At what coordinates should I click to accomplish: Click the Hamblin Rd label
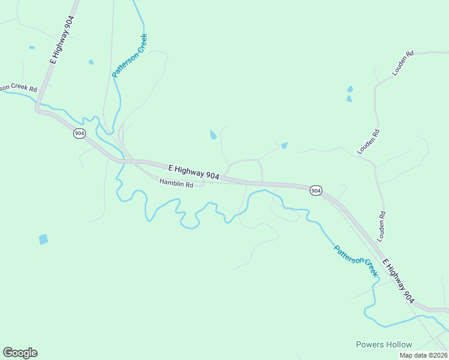point(176,184)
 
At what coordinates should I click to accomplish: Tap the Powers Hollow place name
point(384,344)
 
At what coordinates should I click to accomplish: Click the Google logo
point(20,353)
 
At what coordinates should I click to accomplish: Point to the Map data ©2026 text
point(423,355)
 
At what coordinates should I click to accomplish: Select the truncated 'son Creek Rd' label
point(19,88)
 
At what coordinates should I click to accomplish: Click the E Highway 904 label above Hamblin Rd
point(193,172)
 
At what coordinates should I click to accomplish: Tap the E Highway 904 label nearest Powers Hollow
point(398,280)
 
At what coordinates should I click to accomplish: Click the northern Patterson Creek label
point(129,56)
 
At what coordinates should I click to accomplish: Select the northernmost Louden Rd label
point(403,63)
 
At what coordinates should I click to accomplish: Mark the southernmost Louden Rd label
point(382,223)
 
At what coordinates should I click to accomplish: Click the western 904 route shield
point(79,133)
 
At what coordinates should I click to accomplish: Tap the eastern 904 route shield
point(316,190)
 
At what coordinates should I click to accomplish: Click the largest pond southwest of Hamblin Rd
point(43,239)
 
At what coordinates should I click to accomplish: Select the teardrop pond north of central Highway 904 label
point(213,135)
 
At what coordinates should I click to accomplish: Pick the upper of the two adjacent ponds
point(350,89)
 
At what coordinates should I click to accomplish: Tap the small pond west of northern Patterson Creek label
point(91,62)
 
